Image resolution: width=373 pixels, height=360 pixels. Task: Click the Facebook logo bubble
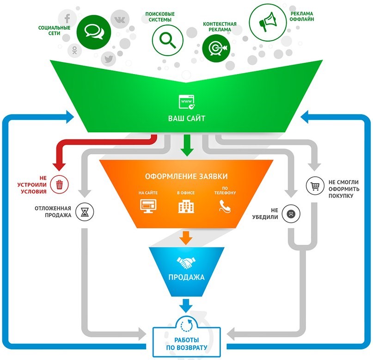pos(67,19)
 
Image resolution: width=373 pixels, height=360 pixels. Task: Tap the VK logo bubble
pos(120,19)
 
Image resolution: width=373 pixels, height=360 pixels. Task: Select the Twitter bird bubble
pos(109,59)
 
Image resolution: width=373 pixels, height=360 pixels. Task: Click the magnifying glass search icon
pos(167,40)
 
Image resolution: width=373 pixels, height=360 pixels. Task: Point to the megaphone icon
pos(268,22)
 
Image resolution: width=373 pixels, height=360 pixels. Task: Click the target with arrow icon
pos(216,48)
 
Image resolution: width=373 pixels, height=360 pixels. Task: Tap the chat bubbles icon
pos(94,32)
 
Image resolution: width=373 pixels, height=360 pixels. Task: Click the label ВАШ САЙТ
pos(187,118)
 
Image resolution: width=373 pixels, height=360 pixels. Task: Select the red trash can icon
pos(59,184)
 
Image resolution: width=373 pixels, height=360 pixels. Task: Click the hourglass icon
pos(85,211)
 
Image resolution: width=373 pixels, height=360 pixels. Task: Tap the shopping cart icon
pos(315,186)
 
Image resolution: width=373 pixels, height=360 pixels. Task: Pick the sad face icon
pos(291,214)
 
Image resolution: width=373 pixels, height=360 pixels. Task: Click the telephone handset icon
pos(225,206)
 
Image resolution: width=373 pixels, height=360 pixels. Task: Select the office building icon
pos(186,206)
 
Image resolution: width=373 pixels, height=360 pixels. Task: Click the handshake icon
pos(186,263)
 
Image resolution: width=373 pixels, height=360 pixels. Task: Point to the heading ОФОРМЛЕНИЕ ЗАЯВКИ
pos(186,176)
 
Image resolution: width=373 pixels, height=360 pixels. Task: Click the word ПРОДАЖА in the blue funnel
pos(187,277)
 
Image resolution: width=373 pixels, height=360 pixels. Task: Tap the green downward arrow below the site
pos(187,145)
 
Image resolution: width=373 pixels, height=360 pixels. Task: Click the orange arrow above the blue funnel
pos(186,238)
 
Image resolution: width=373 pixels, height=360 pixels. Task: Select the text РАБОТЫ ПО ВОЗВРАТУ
pos(187,344)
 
